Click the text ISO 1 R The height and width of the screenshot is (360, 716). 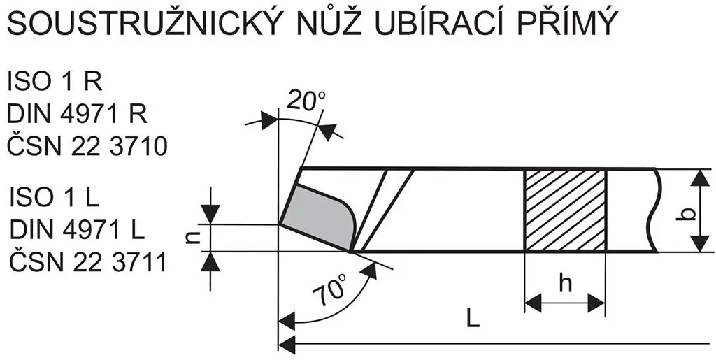(55, 82)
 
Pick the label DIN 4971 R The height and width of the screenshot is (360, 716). (78, 114)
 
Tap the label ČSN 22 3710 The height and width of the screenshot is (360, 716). (87, 146)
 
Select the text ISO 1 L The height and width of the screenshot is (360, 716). (54, 198)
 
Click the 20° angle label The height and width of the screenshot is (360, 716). (306, 102)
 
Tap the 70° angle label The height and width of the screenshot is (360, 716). (331, 289)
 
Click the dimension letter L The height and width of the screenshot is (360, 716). (473, 320)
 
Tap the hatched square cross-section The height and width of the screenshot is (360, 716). (565, 210)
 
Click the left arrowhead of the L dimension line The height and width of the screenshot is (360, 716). (285, 344)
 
